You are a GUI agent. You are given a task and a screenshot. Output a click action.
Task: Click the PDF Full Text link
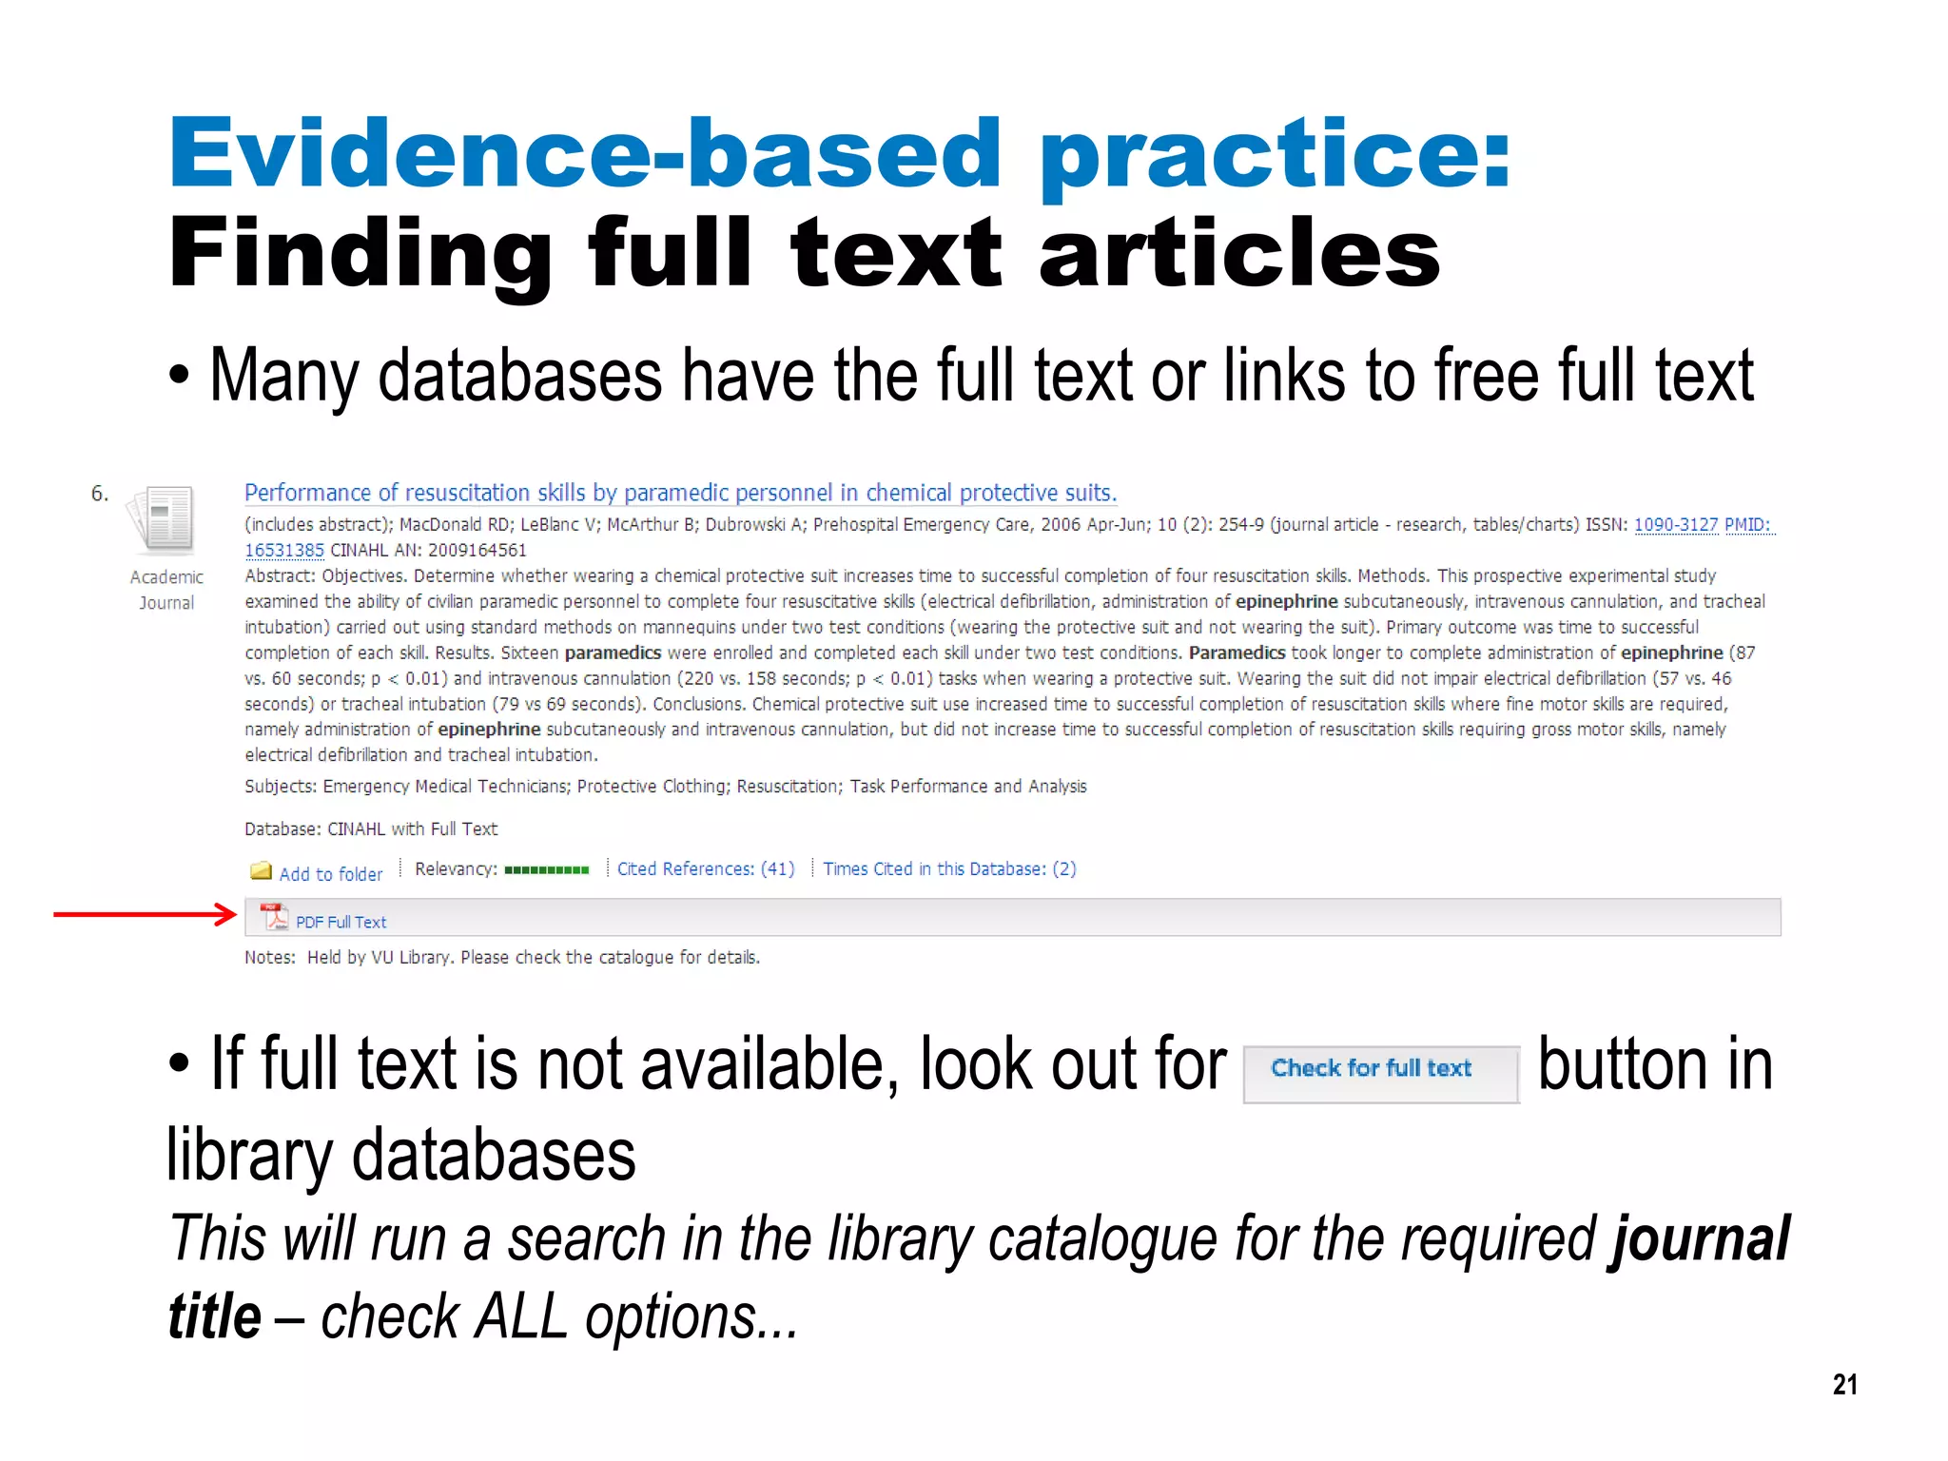(x=341, y=922)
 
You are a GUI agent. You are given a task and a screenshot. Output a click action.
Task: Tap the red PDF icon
(x=274, y=917)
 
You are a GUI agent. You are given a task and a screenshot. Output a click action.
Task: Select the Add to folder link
(x=330, y=874)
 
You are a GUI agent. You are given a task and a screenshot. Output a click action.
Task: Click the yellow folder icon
(x=261, y=871)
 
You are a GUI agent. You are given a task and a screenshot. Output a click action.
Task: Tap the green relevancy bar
(x=546, y=869)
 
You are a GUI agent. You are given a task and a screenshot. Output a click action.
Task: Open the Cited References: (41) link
(x=705, y=868)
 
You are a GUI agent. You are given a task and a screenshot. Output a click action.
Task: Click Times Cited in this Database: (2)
(x=949, y=868)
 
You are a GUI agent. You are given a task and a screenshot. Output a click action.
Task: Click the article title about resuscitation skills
(x=680, y=493)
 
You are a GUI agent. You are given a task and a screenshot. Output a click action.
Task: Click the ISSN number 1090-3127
(x=1676, y=524)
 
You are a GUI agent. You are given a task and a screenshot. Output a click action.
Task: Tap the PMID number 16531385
(x=284, y=550)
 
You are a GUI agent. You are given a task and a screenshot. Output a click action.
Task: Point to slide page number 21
(x=1844, y=1384)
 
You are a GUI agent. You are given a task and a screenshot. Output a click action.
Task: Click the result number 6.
(x=100, y=494)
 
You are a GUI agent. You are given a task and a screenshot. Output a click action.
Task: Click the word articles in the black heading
(x=1238, y=253)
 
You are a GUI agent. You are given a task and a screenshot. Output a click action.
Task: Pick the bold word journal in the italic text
(x=1698, y=1238)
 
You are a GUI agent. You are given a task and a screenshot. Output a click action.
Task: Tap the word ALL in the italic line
(x=521, y=1317)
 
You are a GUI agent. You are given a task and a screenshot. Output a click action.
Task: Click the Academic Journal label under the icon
(x=166, y=590)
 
